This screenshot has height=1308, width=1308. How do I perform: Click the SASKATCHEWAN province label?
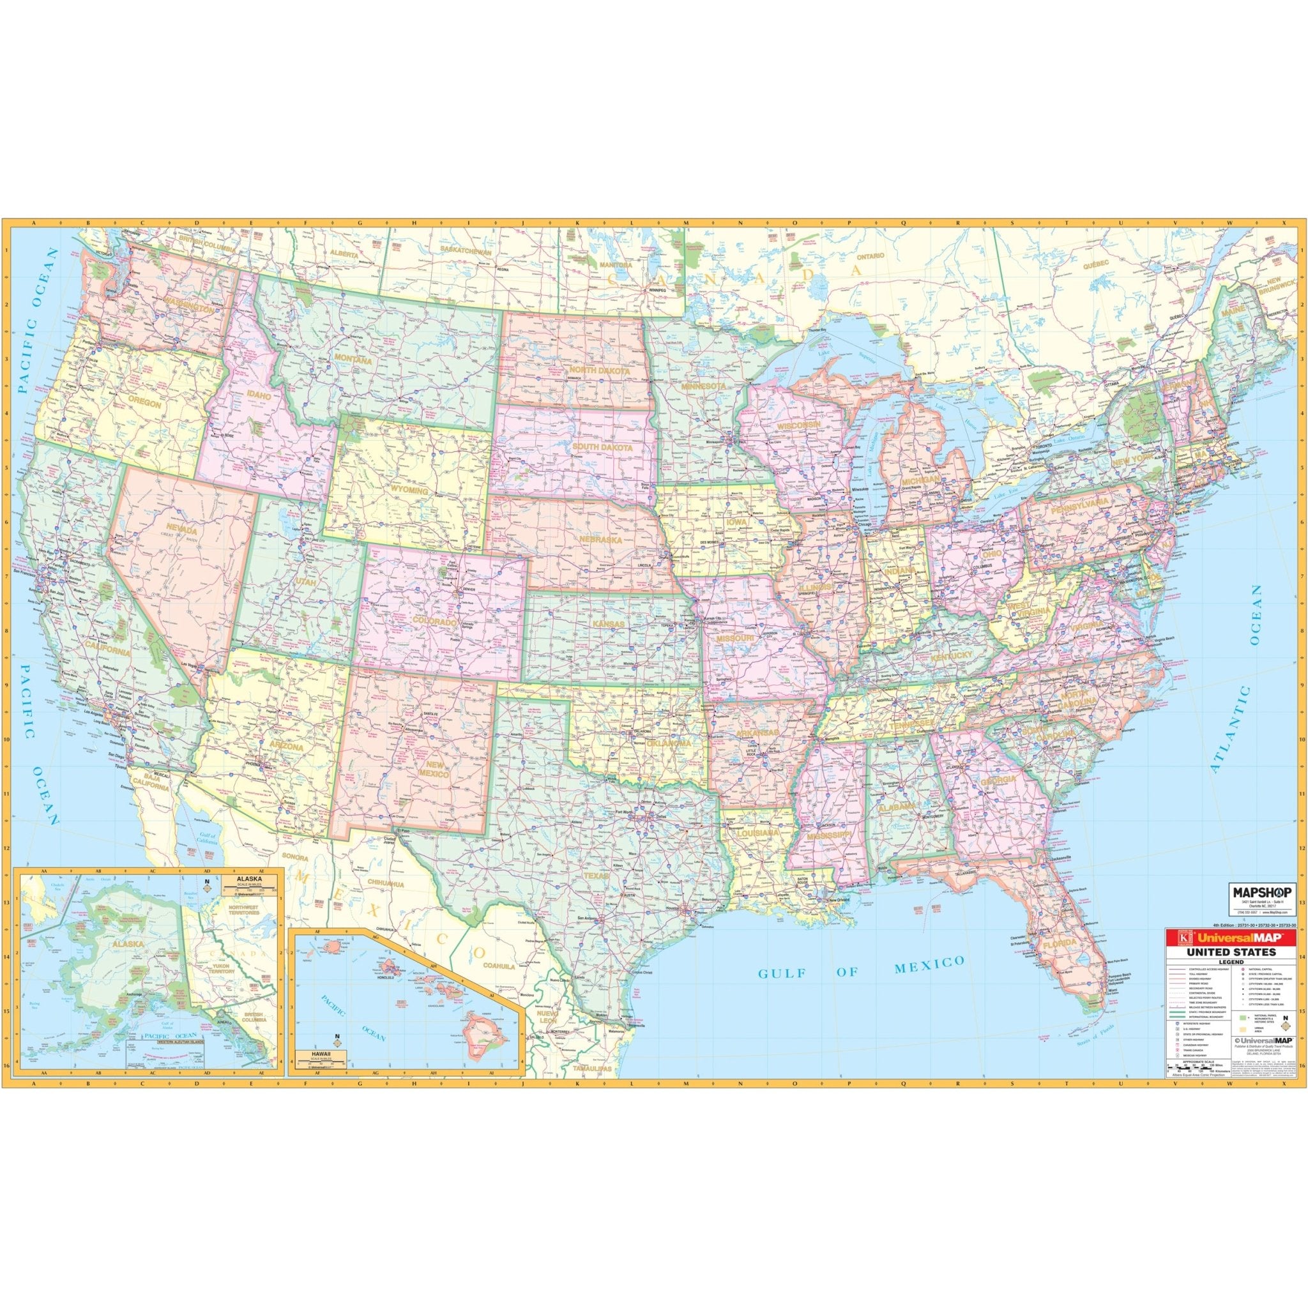[x=465, y=250]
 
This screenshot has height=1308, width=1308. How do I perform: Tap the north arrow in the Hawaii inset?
[x=337, y=1056]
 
